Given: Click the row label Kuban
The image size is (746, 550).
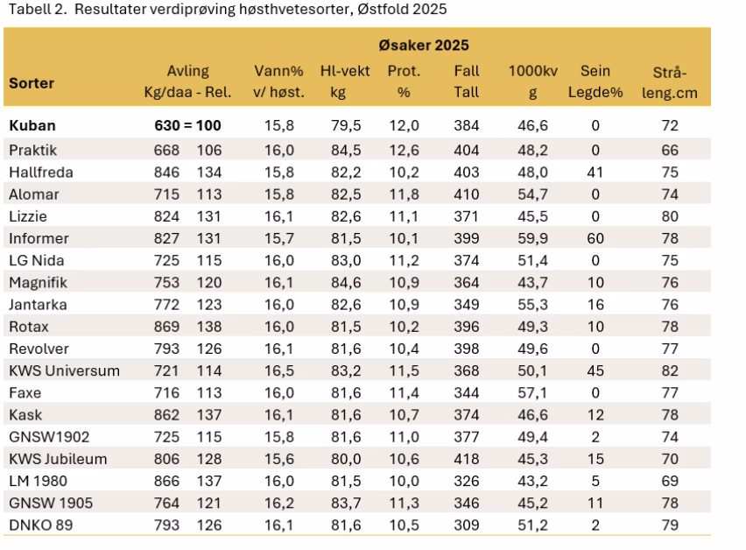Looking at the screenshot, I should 32,126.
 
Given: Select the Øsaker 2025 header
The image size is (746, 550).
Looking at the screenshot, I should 424,45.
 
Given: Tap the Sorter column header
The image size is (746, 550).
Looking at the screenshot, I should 32,83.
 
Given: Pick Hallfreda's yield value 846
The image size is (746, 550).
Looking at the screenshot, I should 166,173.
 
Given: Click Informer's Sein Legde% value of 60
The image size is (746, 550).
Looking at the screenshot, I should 595,238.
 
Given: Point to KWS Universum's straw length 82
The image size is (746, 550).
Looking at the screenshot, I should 670,370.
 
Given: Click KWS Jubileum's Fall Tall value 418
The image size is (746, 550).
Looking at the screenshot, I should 466,457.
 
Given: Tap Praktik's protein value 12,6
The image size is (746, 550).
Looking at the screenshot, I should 403,151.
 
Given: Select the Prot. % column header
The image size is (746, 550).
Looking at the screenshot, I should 403,81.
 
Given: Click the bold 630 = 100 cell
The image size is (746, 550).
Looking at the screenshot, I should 187,126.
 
